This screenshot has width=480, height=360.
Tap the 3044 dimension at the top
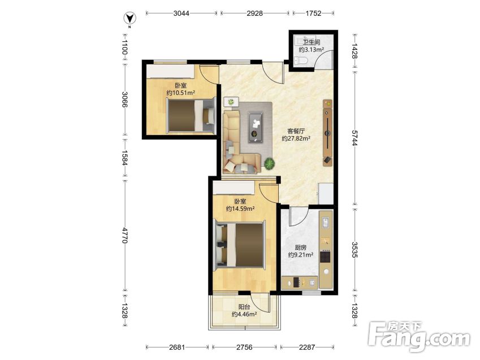point(181,13)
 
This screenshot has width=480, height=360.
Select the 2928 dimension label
point(254,13)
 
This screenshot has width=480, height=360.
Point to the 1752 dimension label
point(313,13)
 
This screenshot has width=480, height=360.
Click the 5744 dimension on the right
point(354,138)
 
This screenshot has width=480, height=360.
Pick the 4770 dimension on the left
point(124,235)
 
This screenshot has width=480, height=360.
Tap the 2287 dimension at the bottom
point(307,347)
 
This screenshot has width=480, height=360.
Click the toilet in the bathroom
point(301,60)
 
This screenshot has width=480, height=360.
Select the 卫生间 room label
point(312,42)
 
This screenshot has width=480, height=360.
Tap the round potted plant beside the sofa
point(269,164)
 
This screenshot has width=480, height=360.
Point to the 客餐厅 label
point(296,131)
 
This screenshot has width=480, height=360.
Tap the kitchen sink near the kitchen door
point(326,222)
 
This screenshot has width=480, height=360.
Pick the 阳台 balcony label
point(244,307)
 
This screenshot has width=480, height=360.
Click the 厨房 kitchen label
point(300,248)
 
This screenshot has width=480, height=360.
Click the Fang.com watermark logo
point(419,337)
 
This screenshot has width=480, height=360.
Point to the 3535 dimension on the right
point(354,249)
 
